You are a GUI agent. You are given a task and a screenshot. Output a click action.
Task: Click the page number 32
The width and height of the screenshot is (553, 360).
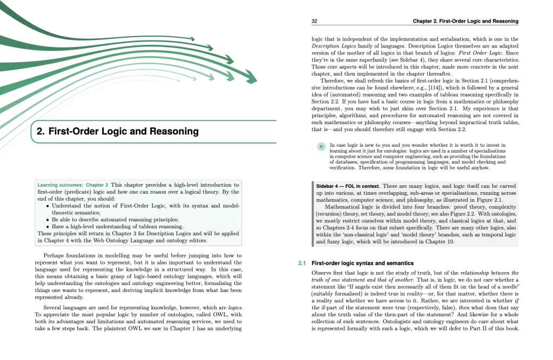(x=314, y=21)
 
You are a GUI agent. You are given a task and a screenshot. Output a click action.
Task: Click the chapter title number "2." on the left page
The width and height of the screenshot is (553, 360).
(x=41, y=131)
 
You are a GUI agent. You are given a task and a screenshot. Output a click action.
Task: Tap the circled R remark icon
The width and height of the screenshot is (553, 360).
(x=320, y=146)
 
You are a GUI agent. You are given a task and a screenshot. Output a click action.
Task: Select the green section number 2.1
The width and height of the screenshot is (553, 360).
(x=302, y=263)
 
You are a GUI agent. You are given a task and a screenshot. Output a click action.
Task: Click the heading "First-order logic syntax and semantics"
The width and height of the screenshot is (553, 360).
(x=362, y=263)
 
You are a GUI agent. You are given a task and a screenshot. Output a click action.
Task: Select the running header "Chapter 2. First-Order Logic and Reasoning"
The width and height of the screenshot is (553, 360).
(x=465, y=21)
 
